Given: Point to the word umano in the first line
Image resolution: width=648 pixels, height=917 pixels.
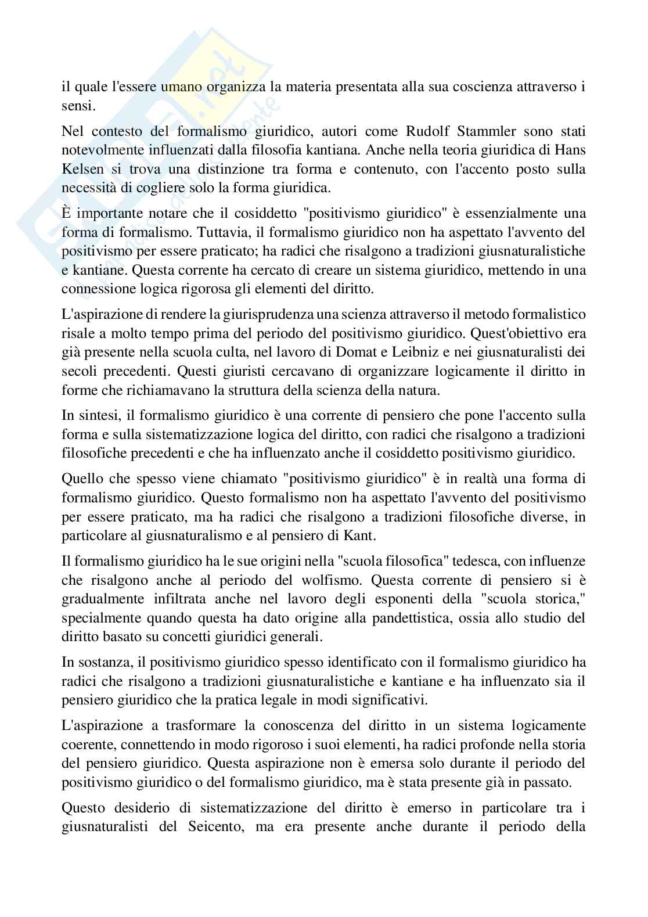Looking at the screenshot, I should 182,88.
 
